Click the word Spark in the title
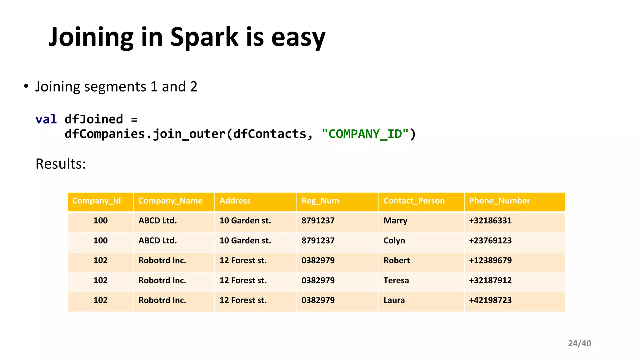(204, 37)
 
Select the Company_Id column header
(96, 201)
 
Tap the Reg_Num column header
(320, 201)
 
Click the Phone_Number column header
(499, 201)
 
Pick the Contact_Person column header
(414, 201)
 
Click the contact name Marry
(395, 221)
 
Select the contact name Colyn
(394, 241)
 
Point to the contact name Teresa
(396, 280)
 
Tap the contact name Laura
(394, 300)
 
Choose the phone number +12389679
(490, 260)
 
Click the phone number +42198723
(490, 300)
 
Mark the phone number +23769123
(490, 241)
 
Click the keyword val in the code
(46, 119)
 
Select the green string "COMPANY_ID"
(365, 134)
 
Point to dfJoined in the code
(94, 119)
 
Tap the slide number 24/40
(579, 343)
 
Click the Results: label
(61, 164)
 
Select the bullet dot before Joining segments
(26, 86)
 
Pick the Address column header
(235, 201)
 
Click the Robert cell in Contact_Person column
(397, 260)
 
